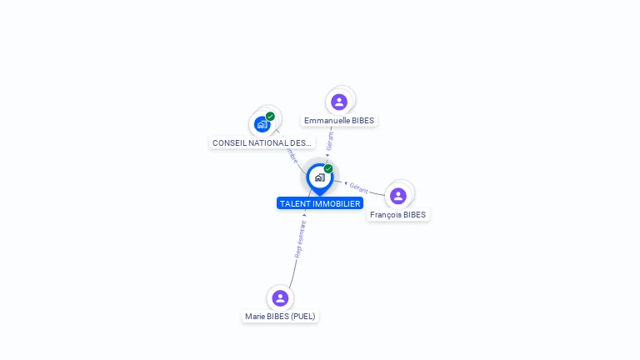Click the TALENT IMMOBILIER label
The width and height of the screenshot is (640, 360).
320,203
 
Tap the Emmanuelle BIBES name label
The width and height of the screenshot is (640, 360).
339,121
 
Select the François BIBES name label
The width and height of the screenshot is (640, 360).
397,215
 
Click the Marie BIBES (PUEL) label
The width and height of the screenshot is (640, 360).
281,317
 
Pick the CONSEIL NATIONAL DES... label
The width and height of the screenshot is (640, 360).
262,143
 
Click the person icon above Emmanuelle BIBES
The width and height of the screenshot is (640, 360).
339,102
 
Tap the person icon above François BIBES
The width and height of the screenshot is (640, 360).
398,196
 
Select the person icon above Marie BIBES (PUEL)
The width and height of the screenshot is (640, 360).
280,297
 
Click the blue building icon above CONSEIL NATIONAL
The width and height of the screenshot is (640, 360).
262,124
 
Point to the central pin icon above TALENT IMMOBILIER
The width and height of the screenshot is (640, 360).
319,177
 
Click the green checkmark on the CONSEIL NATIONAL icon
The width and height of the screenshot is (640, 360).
270,117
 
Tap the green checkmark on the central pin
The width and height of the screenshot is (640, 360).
328,169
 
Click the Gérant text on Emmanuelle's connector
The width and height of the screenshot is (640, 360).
330,140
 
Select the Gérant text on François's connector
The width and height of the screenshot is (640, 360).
358,187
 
